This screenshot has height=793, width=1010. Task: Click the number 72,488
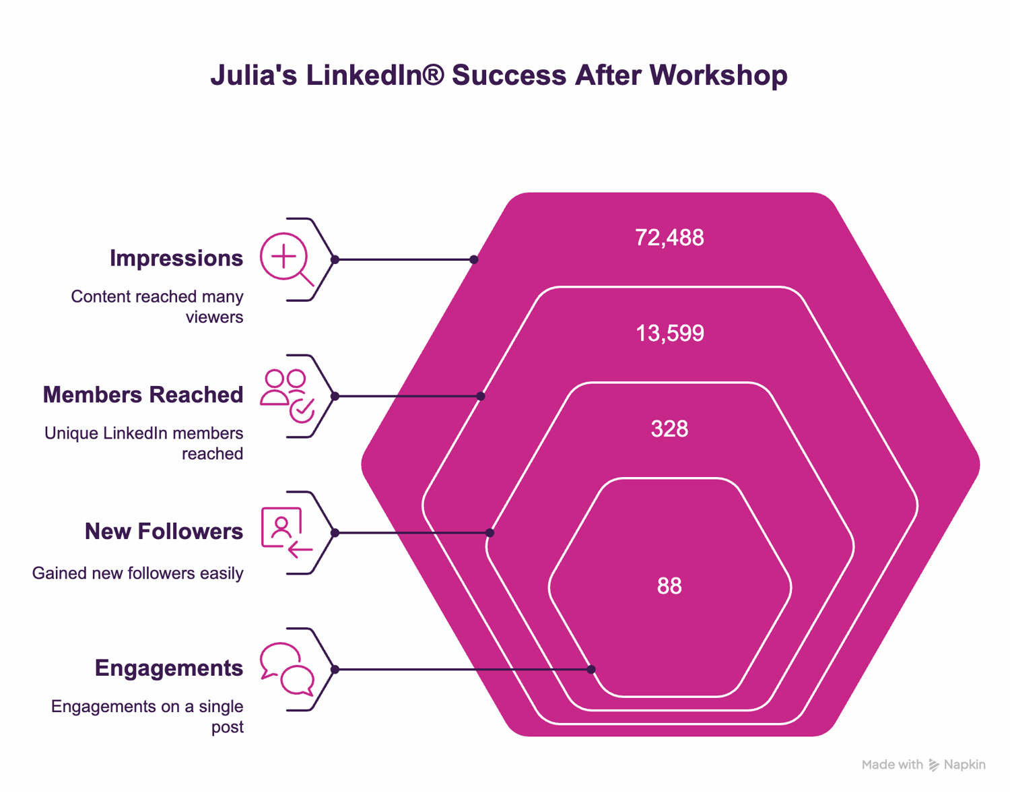pyautogui.click(x=669, y=238)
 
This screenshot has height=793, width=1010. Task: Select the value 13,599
pyautogui.click(x=670, y=334)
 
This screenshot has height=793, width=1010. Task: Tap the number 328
pyautogui.click(x=669, y=429)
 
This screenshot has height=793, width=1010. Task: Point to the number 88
pyautogui.click(x=669, y=585)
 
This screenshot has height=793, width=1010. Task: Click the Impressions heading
pyautogui.click(x=176, y=258)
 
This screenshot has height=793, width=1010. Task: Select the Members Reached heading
pyautogui.click(x=143, y=394)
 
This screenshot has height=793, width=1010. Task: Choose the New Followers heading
pyautogui.click(x=164, y=531)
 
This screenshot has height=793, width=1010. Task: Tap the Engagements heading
pyautogui.click(x=169, y=668)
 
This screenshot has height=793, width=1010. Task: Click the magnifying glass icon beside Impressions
pyautogui.click(x=286, y=259)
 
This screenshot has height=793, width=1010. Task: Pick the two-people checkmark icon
pyautogui.click(x=287, y=395)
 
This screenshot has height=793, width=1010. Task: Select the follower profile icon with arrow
pyautogui.click(x=287, y=532)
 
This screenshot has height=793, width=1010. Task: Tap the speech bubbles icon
pyautogui.click(x=287, y=669)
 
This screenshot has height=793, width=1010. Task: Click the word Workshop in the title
pyautogui.click(x=718, y=75)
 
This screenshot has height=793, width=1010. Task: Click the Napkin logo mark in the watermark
pyautogui.click(x=933, y=765)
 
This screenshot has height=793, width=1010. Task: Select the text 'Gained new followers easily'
pyautogui.click(x=137, y=573)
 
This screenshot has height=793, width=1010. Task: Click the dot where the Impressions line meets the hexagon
pyautogui.click(x=473, y=259)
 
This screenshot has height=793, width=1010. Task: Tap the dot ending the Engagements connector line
pyautogui.click(x=591, y=669)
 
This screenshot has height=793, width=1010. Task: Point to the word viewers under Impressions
pyautogui.click(x=214, y=317)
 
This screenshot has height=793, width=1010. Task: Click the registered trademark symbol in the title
pyautogui.click(x=433, y=74)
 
